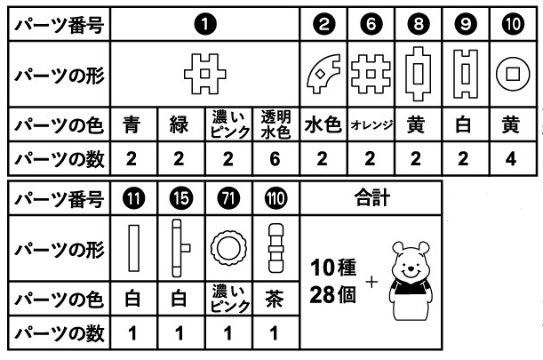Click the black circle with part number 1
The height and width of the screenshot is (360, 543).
click(205, 25)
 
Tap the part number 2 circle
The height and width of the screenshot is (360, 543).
click(323, 24)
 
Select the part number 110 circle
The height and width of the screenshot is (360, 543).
click(275, 198)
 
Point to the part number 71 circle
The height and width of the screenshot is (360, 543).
click(228, 198)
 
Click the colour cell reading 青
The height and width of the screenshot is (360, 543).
click(132, 124)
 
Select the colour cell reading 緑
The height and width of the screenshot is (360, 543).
click(179, 124)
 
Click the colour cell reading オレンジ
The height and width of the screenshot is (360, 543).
click(371, 124)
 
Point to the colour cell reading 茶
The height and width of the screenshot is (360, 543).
click(275, 299)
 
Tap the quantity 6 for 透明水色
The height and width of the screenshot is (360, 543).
click(275, 159)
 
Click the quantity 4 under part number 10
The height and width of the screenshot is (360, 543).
click(511, 159)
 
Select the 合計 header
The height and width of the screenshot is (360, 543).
click(372, 198)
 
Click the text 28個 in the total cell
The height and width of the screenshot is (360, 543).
click(332, 295)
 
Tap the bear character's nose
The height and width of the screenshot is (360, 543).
click(411, 268)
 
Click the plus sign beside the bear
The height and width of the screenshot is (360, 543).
click(371, 282)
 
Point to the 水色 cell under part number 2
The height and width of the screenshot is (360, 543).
click(323, 124)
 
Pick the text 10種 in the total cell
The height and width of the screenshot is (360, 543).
click(333, 268)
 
